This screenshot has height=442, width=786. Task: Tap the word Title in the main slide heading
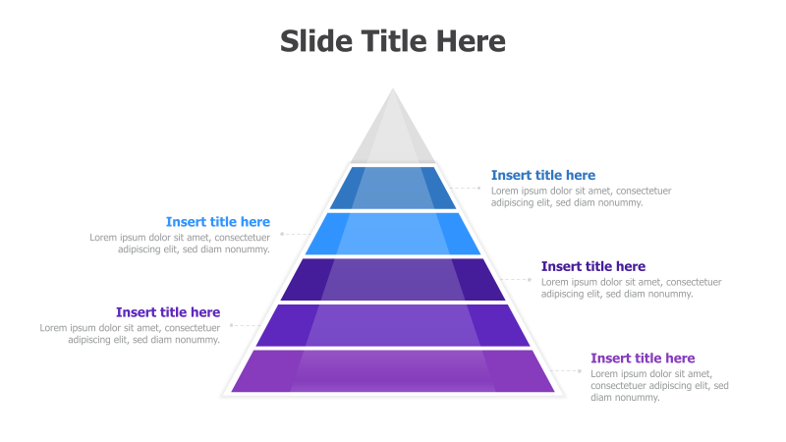tap(393, 41)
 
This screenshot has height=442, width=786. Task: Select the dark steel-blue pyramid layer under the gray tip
tap(393, 188)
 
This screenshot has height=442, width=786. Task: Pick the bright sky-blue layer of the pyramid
tap(393, 233)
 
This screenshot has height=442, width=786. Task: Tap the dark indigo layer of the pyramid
tap(393, 279)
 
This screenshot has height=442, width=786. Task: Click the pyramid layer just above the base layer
tap(393, 324)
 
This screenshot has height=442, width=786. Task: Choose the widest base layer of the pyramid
tap(393, 370)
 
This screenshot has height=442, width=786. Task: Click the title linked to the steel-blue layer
tap(543, 176)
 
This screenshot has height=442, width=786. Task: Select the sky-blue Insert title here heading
tap(218, 222)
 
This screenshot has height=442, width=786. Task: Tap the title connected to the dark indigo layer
tap(593, 266)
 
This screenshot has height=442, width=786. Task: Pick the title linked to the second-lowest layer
tap(168, 312)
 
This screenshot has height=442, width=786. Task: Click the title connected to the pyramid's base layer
tap(643, 359)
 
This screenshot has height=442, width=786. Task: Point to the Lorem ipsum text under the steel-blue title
tap(582, 196)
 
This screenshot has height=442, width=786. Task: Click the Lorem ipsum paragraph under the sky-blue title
tap(180, 243)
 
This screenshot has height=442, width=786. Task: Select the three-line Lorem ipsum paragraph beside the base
tap(659, 385)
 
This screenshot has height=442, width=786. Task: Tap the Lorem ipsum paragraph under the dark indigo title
tap(631, 288)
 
